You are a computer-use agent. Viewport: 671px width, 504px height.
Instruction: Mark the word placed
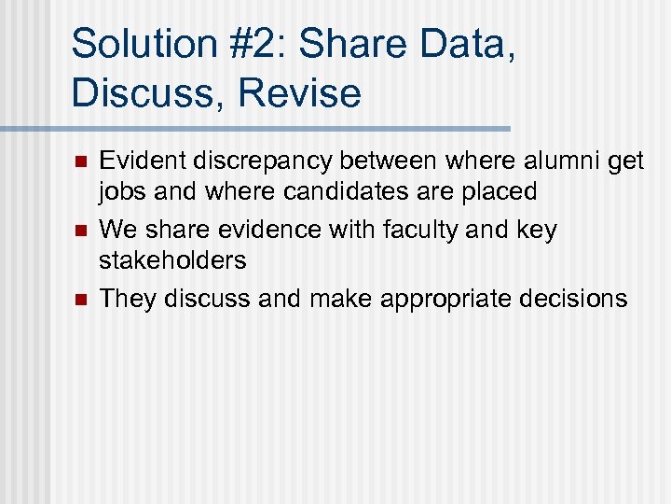(x=506, y=193)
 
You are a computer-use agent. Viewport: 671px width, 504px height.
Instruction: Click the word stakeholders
(x=173, y=259)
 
